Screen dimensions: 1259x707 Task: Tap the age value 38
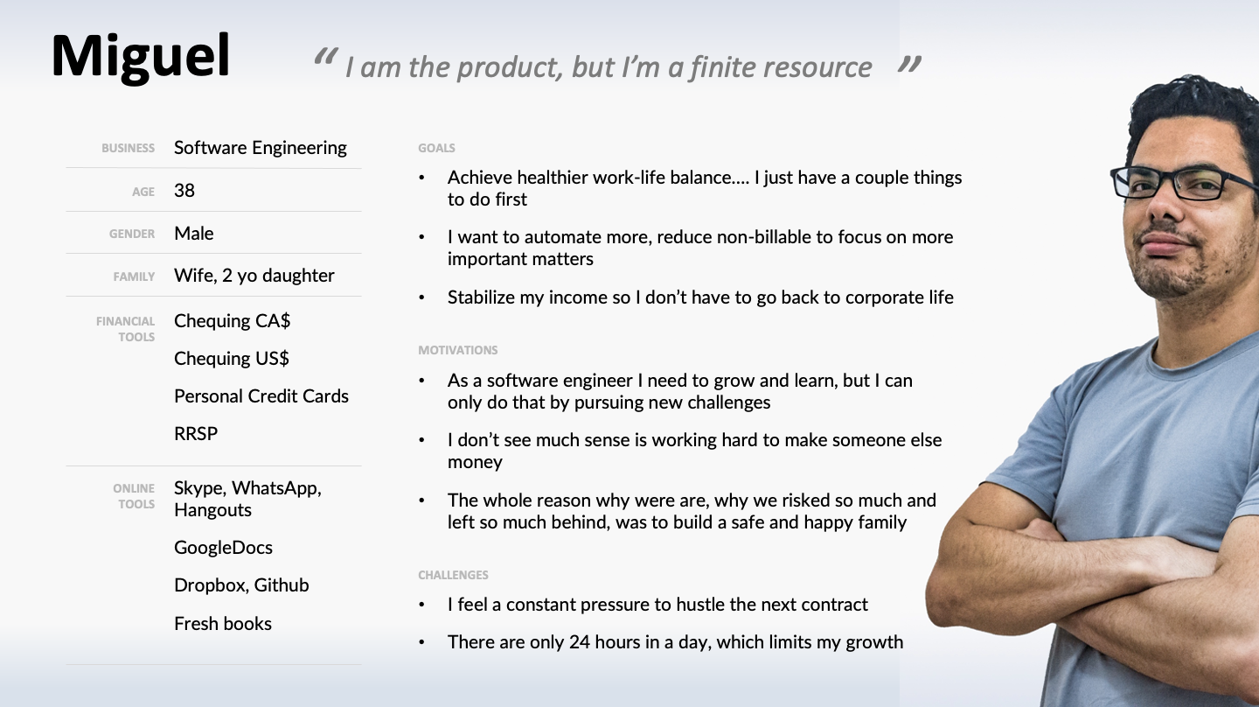click(x=184, y=191)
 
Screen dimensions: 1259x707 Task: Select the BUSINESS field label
click(x=129, y=148)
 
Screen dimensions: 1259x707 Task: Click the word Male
click(x=194, y=234)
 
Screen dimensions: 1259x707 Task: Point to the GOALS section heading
click(x=437, y=148)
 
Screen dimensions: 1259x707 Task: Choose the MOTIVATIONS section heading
click(x=458, y=350)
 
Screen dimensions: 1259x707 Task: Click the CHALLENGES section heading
click(x=453, y=575)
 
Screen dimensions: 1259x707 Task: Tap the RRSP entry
click(x=196, y=434)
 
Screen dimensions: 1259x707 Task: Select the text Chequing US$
click(x=232, y=358)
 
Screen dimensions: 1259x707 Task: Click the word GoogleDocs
click(x=223, y=548)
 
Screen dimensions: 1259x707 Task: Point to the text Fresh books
click(x=223, y=623)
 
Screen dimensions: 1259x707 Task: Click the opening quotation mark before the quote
click(x=326, y=57)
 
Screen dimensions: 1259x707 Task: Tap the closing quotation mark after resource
click(x=909, y=64)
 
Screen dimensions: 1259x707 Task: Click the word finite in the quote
click(x=722, y=66)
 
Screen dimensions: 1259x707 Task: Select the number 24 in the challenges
click(x=580, y=641)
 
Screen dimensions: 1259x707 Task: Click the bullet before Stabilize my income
click(x=421, y=297)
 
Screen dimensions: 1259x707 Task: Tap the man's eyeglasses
click(x=1184, y=184)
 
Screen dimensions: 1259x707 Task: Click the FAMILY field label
click(x=134, y=276)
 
